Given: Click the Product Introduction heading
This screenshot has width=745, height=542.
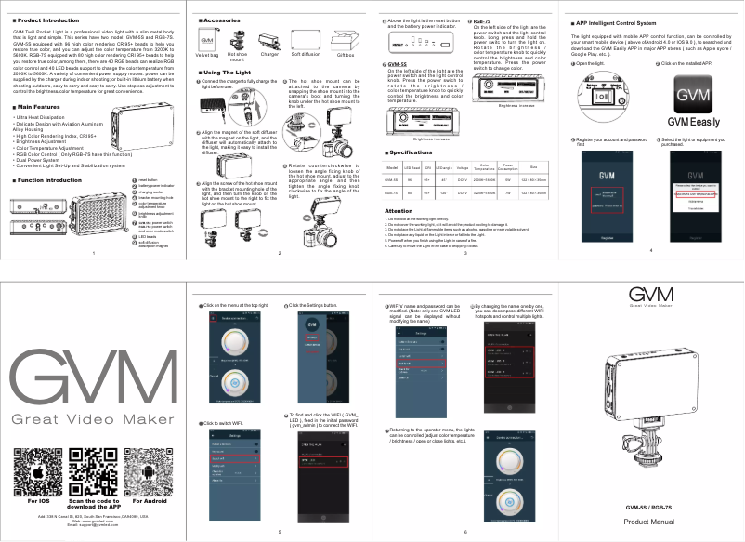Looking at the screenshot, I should point(47,20).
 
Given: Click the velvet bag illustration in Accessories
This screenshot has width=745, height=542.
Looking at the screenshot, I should point(207,41).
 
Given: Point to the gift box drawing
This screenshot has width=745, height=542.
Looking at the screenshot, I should point(346,42).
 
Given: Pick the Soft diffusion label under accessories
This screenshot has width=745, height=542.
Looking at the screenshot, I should point(307,55).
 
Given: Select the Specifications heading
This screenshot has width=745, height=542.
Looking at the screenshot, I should point(409,152).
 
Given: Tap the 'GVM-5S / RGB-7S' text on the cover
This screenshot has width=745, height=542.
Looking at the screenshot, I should point(649,506).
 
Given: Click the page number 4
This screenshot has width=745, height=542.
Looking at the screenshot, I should point(650,250).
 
